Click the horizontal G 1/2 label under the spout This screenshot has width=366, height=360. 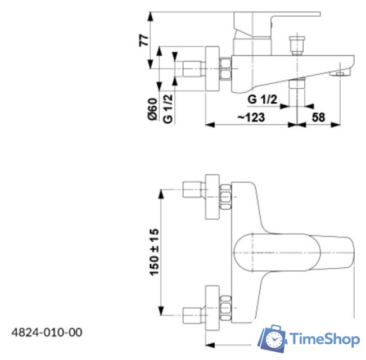263,100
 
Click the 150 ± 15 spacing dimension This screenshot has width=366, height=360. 153,251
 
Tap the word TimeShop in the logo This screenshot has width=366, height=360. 324,339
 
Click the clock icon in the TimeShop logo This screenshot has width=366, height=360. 274,340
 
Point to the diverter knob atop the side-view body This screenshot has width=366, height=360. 296,44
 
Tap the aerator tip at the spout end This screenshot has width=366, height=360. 340,74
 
